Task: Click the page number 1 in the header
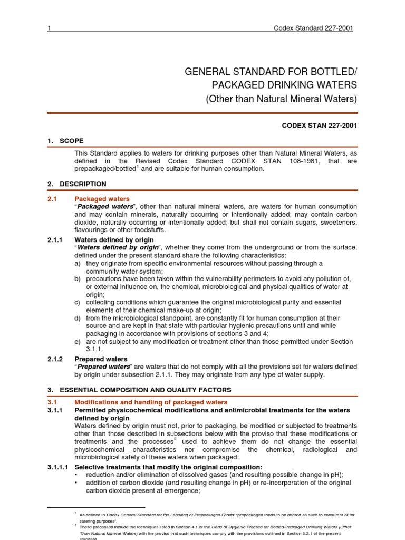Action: pos(49,28)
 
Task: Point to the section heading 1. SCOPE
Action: pos(65,141)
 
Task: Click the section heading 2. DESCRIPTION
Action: pos(76,184)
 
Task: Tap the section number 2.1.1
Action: pos(55,240)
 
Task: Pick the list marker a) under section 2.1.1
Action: pos(78,263)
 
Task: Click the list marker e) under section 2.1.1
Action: pos(78,342)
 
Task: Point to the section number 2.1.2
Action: pos(55,359)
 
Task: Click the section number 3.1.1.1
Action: pos(58,467)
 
